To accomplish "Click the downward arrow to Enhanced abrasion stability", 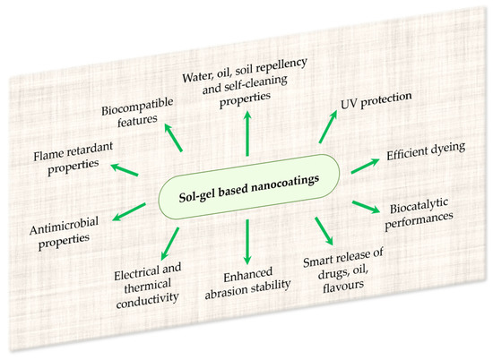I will pyautogui.click(x=246, y=239).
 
